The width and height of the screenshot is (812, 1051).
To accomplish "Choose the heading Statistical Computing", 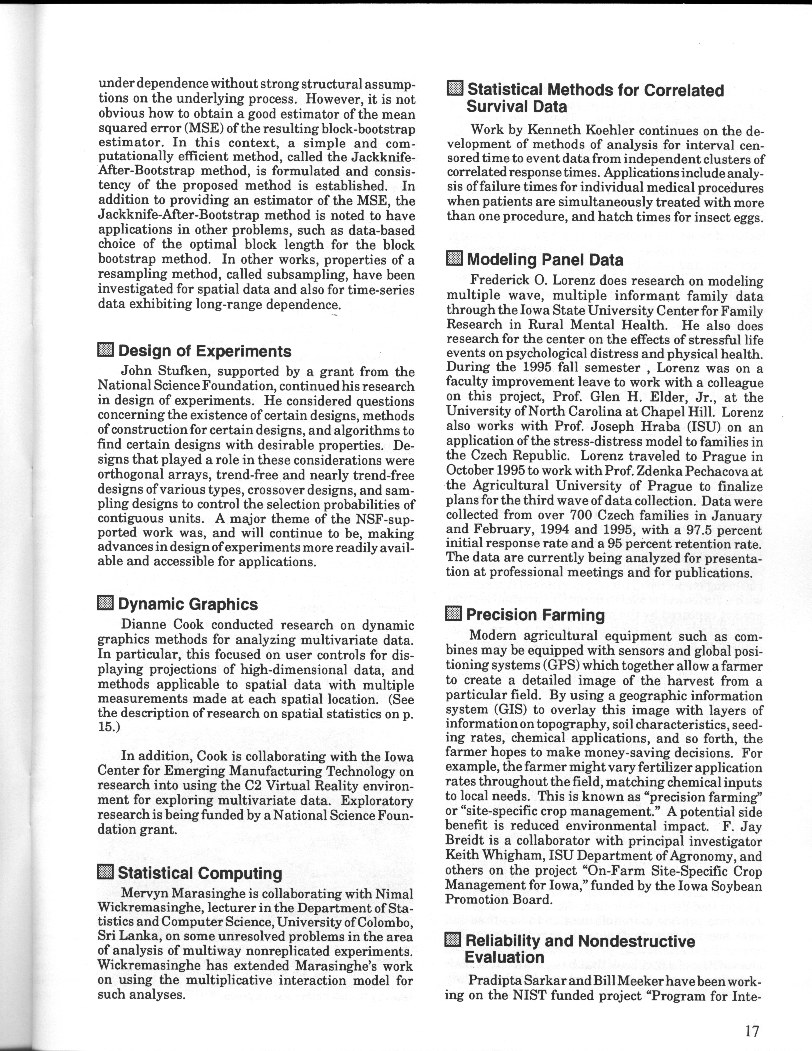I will (x=200, y=873).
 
